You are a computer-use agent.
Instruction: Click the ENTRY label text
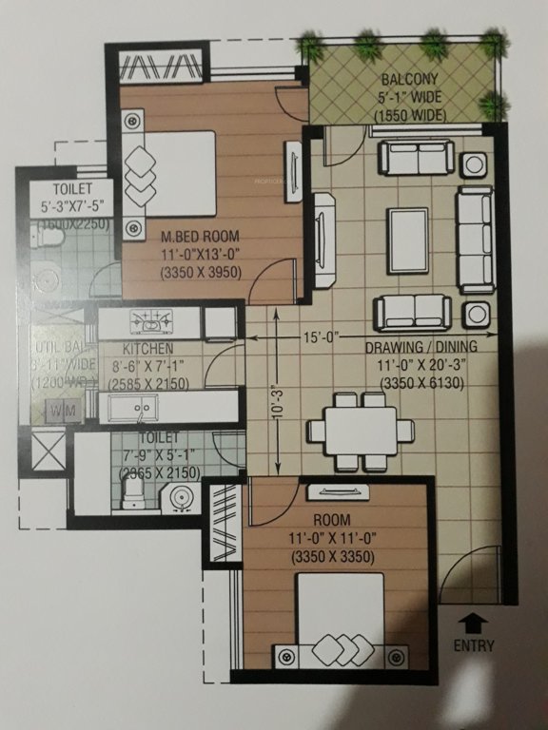pos(474,647)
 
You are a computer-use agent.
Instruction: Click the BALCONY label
pos(410,81)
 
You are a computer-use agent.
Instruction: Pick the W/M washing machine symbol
pos(58,412)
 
